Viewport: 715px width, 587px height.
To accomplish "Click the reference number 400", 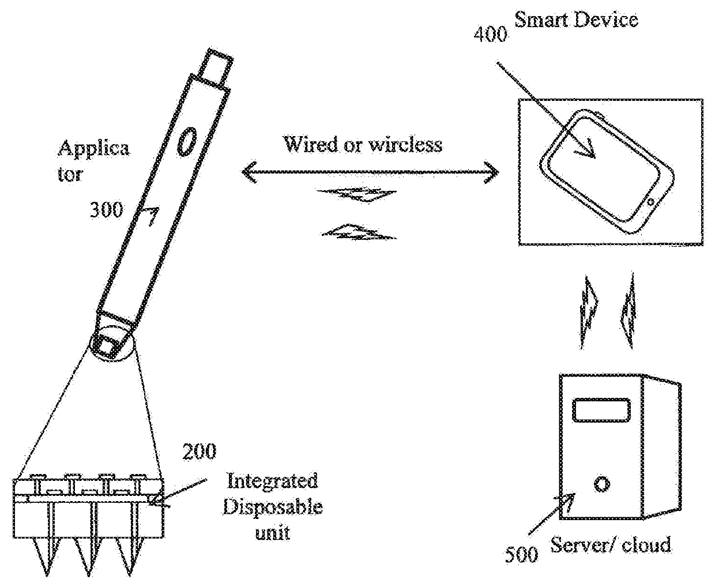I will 490,35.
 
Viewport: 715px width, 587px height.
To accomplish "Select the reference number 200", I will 200,451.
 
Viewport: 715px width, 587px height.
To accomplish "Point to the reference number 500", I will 521,554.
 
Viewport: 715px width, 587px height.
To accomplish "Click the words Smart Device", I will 575,20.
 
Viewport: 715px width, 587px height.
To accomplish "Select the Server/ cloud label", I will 611,544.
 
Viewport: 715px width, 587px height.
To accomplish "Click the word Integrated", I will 272,480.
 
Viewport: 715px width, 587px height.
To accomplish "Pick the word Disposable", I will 272,507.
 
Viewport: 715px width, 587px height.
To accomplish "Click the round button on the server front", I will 601,483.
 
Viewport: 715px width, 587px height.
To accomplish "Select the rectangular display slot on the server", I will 600,411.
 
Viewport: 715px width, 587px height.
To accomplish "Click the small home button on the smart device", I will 651,201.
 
